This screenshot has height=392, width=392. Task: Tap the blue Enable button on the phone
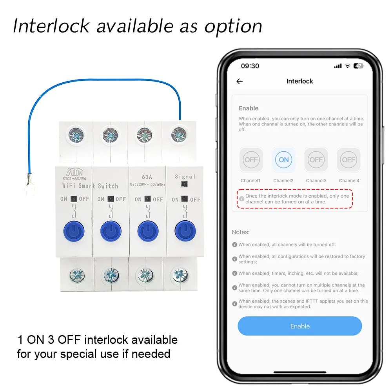(x=299, y=326)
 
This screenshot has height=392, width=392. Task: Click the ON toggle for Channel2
(x=283, y=160)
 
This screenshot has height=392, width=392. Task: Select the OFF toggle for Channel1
(x=251, y=160)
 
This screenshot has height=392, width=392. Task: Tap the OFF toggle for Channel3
(x=316, y=160)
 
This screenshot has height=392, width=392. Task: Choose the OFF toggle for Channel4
(x=348, y=160)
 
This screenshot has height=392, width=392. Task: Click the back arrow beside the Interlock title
(x=240, y=81)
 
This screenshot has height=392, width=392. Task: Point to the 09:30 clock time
(x=250, y=66)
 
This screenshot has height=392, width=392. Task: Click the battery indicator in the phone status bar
(x=358, y=66)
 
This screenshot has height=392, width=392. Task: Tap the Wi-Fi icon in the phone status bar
(x=347, y=66)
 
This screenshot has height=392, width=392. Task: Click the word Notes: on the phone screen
(x=241, y=232)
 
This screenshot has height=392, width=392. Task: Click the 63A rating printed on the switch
(x=147, y=177)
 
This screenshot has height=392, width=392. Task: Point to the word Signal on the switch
(x=185, y=176)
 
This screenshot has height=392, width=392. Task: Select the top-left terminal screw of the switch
(x=76, y=135)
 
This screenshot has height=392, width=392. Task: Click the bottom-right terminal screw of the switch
(x=180, y=275)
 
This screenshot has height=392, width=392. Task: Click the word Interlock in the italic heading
(x=51, y=26)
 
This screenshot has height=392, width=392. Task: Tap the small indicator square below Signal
(x=184, y=185)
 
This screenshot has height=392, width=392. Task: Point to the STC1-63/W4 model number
(x=74, y=178)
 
